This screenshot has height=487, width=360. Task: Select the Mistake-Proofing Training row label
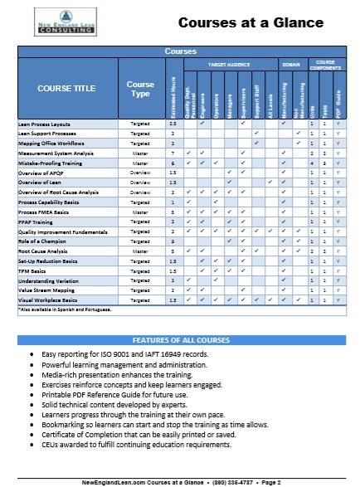pos(53,163)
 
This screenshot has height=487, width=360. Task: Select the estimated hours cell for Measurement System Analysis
pos(173,153)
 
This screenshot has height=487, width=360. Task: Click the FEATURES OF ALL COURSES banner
pos(179,341)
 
